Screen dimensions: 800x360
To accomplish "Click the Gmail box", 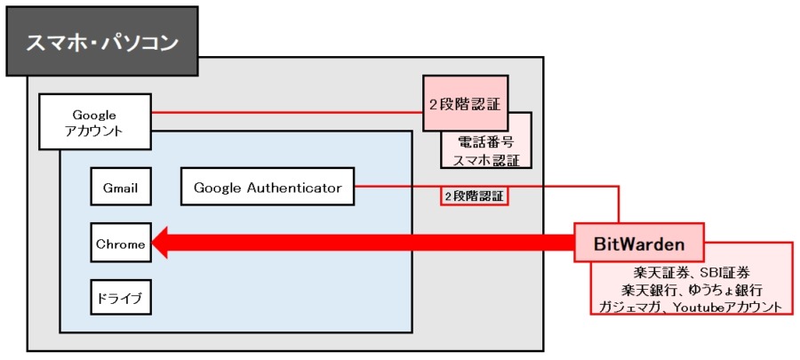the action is point(121,187).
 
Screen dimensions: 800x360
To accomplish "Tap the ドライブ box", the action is point(121,297).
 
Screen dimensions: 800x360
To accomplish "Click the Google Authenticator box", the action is point(268,187).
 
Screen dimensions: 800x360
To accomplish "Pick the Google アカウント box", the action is point(94,122).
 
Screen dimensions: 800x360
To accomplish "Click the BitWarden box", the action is point(639,243).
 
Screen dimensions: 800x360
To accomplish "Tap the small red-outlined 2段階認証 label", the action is point(475,196).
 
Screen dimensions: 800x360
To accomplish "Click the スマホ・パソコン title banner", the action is point(101,42).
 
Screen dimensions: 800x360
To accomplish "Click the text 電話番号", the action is point(485,142).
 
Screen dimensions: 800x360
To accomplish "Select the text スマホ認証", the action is point(486,160).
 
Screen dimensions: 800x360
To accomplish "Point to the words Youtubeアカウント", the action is point(727,307).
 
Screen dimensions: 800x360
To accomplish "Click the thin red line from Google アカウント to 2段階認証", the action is point(287,112).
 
